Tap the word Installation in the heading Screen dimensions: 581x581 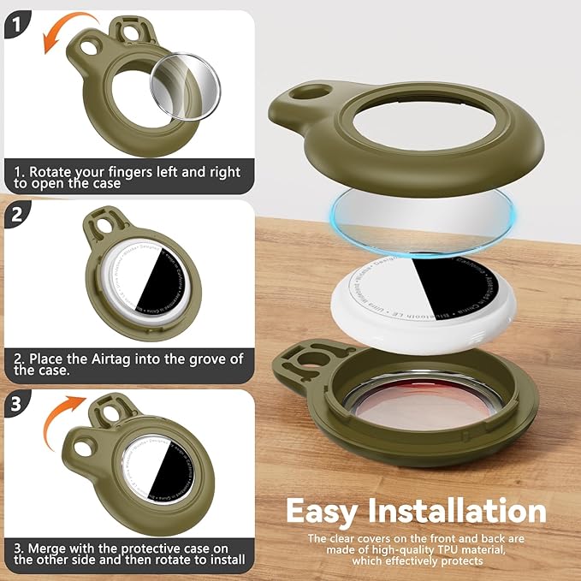(463, 512)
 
